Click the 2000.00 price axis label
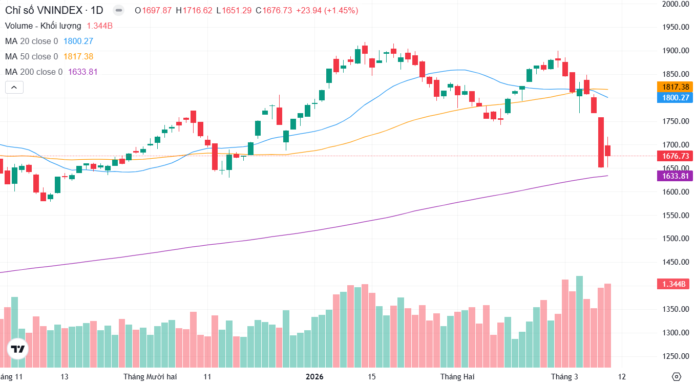coord(675,4)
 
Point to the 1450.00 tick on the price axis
coord(675,262)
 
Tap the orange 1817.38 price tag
coord(676,87)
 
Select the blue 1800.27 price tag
coord(676,97)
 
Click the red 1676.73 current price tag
coord(676,156)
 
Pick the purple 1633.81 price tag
coord(676,176)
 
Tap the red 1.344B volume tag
coord(675,284)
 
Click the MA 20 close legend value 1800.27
coord(78,41)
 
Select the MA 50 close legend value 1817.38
coord(78,57)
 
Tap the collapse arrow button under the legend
coord(14,88)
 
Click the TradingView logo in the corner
coord(18,349)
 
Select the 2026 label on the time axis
coord(314,377)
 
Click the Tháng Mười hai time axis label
coord(150,377)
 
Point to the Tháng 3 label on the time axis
coord(564,377)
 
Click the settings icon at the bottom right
coord(677,377)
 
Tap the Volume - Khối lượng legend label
coord(43,26)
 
